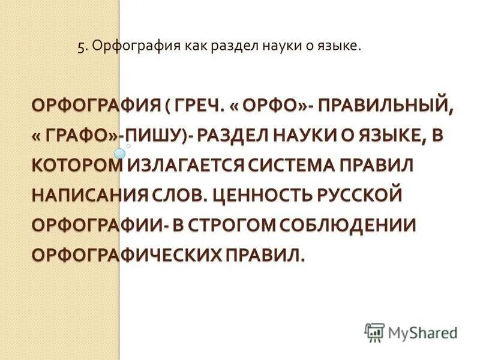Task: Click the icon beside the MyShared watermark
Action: pyautogui.click(x=374, y=332)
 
